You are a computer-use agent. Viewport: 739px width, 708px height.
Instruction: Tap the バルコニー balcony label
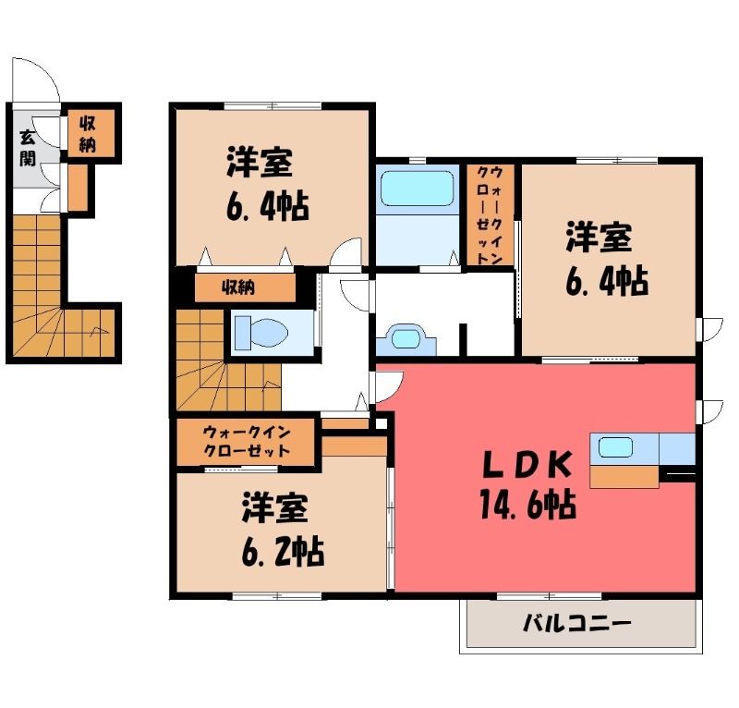tap(576, 624)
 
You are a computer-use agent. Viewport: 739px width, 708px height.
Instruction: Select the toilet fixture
tap(260, 333)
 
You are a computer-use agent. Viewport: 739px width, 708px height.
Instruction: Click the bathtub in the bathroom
tap(418, 189)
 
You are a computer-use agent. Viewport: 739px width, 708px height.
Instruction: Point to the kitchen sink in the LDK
tap(615, 447)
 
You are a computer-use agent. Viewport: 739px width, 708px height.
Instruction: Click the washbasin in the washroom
tap(406, 338)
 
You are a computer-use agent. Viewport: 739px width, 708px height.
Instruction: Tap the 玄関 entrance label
tap(28, 148)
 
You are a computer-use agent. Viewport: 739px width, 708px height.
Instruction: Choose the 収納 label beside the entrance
tap(87, 133)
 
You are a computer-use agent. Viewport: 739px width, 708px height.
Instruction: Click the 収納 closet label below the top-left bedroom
tap(238, 287)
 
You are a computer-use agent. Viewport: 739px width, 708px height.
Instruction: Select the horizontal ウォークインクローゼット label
tap(246, 441)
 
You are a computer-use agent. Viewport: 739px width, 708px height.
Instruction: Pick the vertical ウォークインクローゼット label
tap(490, 214)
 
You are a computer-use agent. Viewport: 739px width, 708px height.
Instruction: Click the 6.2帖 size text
tap(283, 551)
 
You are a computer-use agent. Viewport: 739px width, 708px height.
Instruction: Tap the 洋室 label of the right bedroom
tap(599, 237)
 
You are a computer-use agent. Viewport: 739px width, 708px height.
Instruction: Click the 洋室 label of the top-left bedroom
tap(260, 163)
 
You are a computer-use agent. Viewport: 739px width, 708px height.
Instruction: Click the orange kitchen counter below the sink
tap(624, 477)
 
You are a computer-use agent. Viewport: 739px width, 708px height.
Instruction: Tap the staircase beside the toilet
tap(228, 360)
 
